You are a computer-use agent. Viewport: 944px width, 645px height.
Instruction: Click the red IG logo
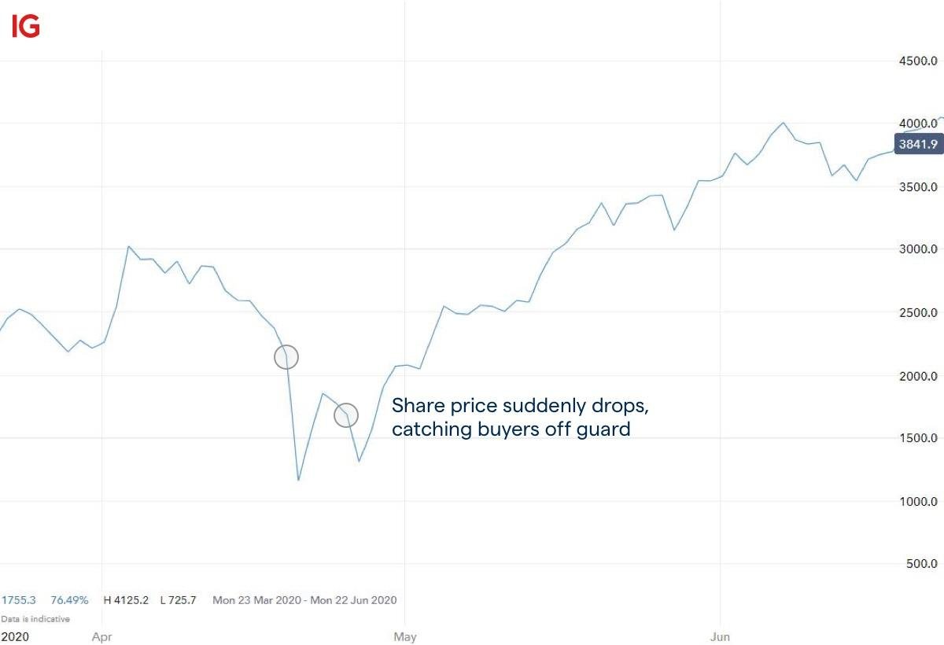tap(25, 27)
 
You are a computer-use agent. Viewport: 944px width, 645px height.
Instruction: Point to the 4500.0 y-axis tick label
tap(918, 61)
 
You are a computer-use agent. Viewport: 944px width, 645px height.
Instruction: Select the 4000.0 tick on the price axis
tap(918, 123)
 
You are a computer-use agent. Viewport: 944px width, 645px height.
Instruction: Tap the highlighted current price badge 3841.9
tap(918, 144)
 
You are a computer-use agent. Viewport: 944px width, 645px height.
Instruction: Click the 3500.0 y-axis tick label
tap(918, 187)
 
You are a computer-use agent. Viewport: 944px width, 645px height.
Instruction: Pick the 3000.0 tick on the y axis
tap(918, 249)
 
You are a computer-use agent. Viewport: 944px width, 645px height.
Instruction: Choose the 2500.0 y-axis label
tap(918, 313)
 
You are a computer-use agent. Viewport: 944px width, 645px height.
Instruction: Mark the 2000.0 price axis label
tap(918, 376)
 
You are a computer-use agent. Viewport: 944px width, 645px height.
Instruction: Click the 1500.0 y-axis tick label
tap(918, 438)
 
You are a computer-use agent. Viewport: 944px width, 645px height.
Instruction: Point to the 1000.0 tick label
tap(918, 502)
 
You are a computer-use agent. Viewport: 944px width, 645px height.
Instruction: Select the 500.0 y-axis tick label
tap(920, 564)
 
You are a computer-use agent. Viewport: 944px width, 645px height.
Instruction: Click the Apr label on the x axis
tap(102, 635)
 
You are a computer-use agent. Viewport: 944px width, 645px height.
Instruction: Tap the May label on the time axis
tap(404, 635)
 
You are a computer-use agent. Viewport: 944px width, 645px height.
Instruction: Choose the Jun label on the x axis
tap(721, 635)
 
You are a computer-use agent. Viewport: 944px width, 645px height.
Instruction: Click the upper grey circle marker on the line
tap(286, 356)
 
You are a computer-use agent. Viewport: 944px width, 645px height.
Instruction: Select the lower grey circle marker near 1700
tap(346, 415)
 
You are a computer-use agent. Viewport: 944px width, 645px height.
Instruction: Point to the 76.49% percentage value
tap(70, 600)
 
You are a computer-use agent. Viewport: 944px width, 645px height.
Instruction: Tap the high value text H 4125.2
tap(126, 600)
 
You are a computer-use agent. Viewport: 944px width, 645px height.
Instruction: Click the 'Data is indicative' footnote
tap(35, 619)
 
